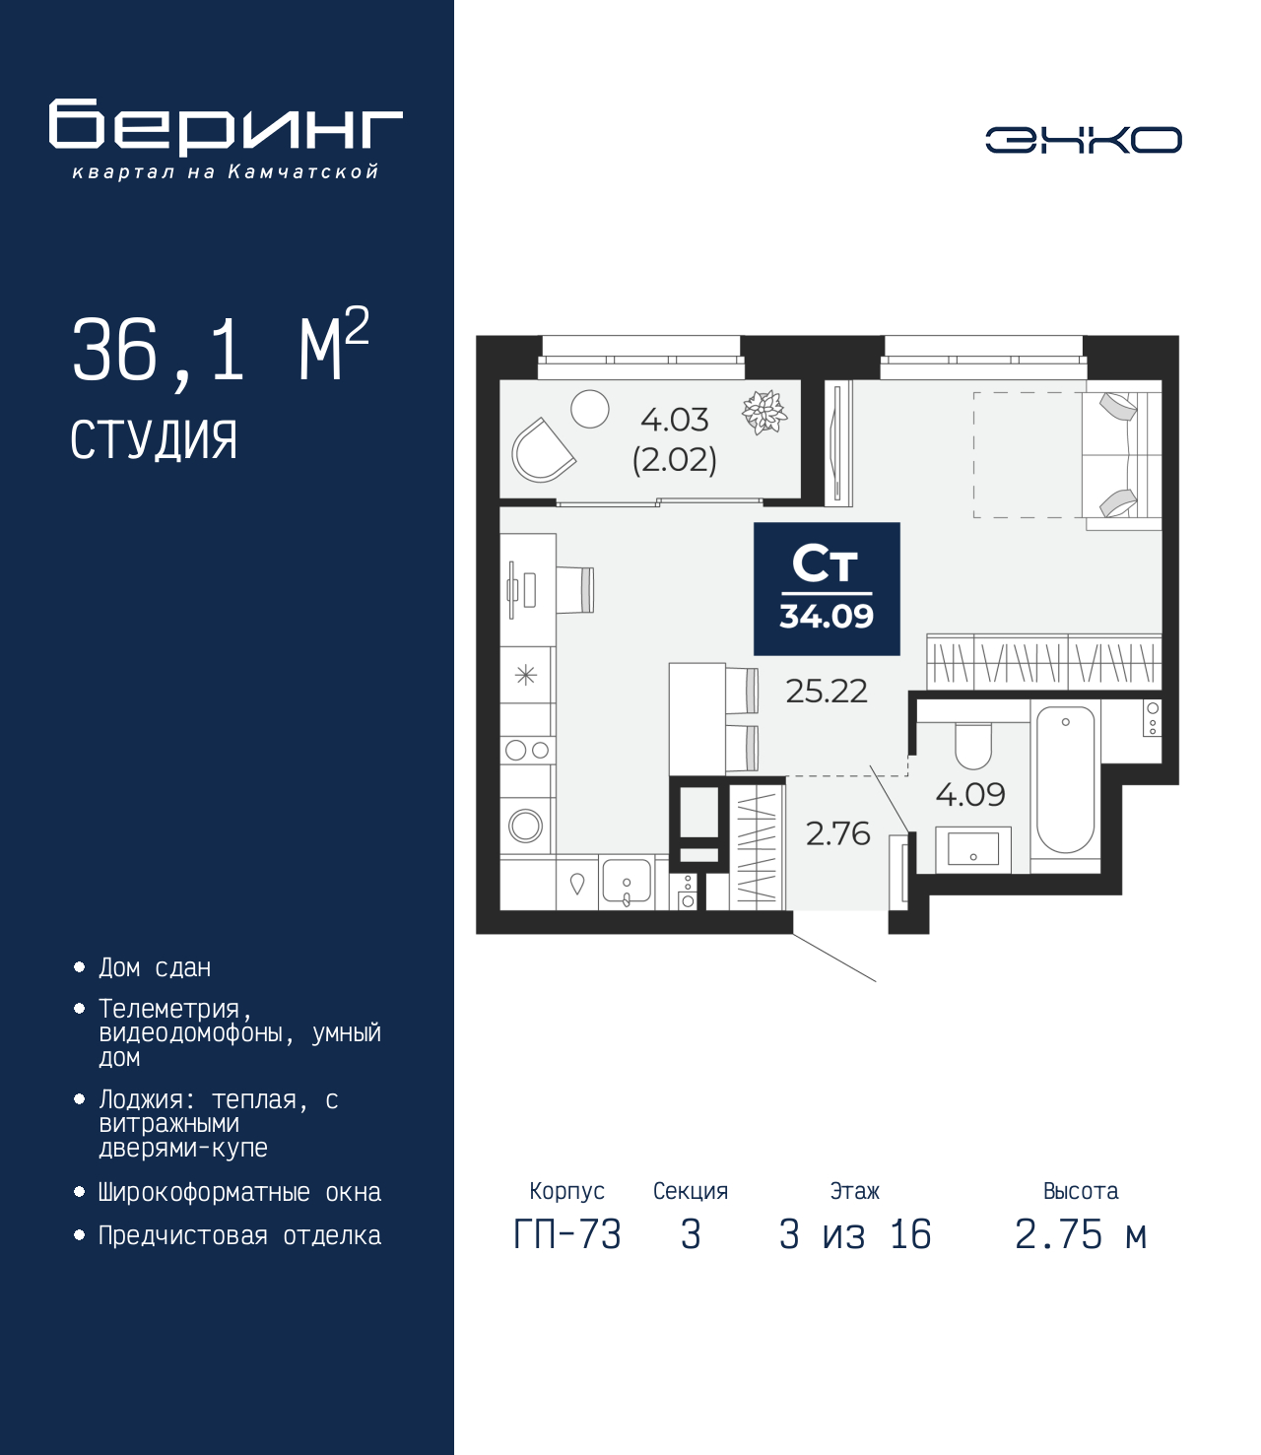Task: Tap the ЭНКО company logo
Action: [x=1083, y=140]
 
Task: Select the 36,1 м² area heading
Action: [x=220, y=348]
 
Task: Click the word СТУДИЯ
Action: [x=154, y=439]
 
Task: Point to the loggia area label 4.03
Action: [x=674, y=421]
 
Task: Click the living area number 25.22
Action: [x=826, y=692]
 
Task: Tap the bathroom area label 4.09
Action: [x=969, y=794]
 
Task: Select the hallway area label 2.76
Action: [x=837, y=834]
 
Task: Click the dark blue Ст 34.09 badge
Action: [x=827, y=589]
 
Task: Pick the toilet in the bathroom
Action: [x=973, y=746]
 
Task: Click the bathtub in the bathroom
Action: [x=1065, y=779]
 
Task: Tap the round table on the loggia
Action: [x=590, y=409]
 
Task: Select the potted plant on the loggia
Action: [x=764, y=412]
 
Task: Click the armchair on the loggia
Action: [x=541, y=451]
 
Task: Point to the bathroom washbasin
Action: [x=972, y=848]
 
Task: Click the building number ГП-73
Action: [x=567, y=1234]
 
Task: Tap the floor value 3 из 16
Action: [x=854, y=1234]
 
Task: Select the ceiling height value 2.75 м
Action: [x=1080, y=1234]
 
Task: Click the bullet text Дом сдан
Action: [x=155, y=968]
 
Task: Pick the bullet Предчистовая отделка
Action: [x=239, y=1236]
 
